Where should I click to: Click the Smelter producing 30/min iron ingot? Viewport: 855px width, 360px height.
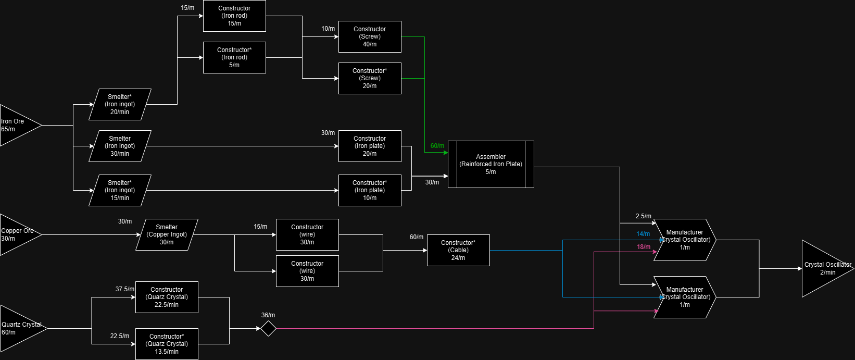click(x=120, y=146)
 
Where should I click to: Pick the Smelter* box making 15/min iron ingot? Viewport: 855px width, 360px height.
click(x=120, y=190)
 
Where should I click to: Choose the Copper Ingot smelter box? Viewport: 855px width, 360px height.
click(x=167, y=234)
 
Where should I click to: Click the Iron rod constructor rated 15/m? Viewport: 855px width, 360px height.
click(x=234, y=16)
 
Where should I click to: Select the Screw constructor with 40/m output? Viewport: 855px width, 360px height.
click(x=370, y=36)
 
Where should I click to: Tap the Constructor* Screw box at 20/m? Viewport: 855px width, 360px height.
click(x=370, y=78)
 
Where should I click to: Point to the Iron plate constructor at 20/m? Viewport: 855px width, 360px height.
click(x=370, y=146)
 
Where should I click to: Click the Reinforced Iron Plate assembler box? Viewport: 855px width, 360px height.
click(x=491, y=164)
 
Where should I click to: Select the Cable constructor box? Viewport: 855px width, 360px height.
click(x=458, y=250)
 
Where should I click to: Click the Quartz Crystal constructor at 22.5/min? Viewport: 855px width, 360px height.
click(x=167, y=297)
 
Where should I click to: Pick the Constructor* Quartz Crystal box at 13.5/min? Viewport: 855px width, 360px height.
click(x=167, y=344)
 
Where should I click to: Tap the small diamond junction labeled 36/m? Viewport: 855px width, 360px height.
click(x=268, y=329)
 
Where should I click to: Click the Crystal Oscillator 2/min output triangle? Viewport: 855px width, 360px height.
click(x=825, y=268)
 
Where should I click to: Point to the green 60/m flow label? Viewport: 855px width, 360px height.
click(x=437, y=146)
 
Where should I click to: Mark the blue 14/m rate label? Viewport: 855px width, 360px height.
click(x=643, y=234)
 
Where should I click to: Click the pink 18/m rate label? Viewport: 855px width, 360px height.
click(x=644, y=247)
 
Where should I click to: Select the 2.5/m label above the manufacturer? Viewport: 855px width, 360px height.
click(x=643, y=216)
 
